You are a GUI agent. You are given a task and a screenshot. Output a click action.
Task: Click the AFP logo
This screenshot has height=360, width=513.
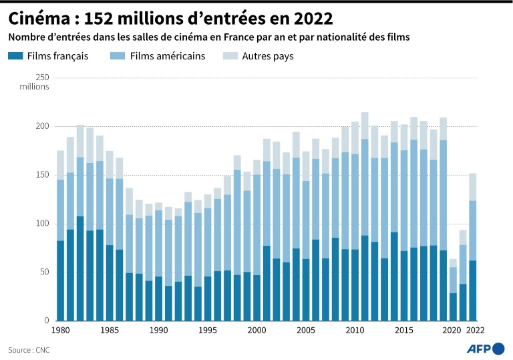tap(486, 348)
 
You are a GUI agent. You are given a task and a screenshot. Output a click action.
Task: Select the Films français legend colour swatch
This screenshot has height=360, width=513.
tap(15, 56)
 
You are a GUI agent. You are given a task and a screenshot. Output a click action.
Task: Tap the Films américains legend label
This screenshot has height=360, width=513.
tap(168, 56)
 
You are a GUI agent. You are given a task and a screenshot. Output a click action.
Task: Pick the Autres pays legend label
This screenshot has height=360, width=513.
tap(267, 56)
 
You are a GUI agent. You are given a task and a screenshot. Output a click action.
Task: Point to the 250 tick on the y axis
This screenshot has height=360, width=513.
tap(41, 77)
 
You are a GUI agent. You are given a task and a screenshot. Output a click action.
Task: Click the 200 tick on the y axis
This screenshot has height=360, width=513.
tap(41, 126)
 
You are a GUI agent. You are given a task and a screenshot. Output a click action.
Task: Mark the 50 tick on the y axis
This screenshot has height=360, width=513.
tap(43, 272)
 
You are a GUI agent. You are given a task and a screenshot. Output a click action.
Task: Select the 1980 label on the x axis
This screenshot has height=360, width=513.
tap(60, 330)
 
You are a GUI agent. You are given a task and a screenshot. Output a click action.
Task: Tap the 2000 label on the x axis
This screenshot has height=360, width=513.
tap(257, 330)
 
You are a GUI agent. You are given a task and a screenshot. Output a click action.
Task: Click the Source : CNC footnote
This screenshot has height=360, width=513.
tap(29, 349)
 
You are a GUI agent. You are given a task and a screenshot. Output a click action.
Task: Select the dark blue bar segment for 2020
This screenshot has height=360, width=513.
tap(453, 307)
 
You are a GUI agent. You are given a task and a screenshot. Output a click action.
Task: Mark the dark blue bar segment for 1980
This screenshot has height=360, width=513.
tap(60, 281)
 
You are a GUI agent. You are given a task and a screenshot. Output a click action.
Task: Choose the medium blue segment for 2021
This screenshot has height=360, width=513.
tap(463, 264)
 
